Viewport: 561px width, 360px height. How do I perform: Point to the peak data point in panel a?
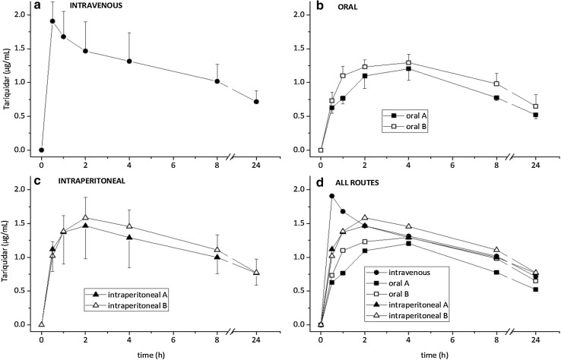point(52,21)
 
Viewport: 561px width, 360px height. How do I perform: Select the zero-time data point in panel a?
point(41,150)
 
